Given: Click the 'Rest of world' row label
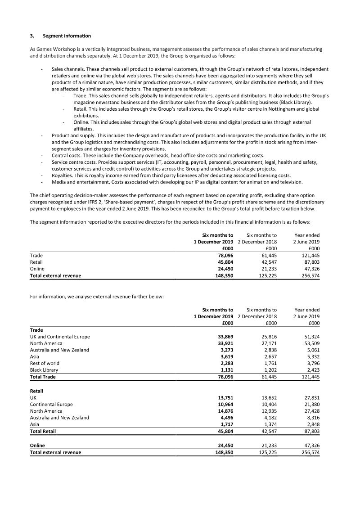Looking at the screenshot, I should pos(45,363).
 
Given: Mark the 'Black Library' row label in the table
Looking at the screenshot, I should pos(44,370).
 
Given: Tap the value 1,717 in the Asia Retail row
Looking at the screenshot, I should pos(225,424).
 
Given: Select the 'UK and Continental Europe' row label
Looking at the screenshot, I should pos(60,337).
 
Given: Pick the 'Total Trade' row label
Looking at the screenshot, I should pos(43,376).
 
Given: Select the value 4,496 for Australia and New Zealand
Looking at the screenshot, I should pos(225,417).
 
